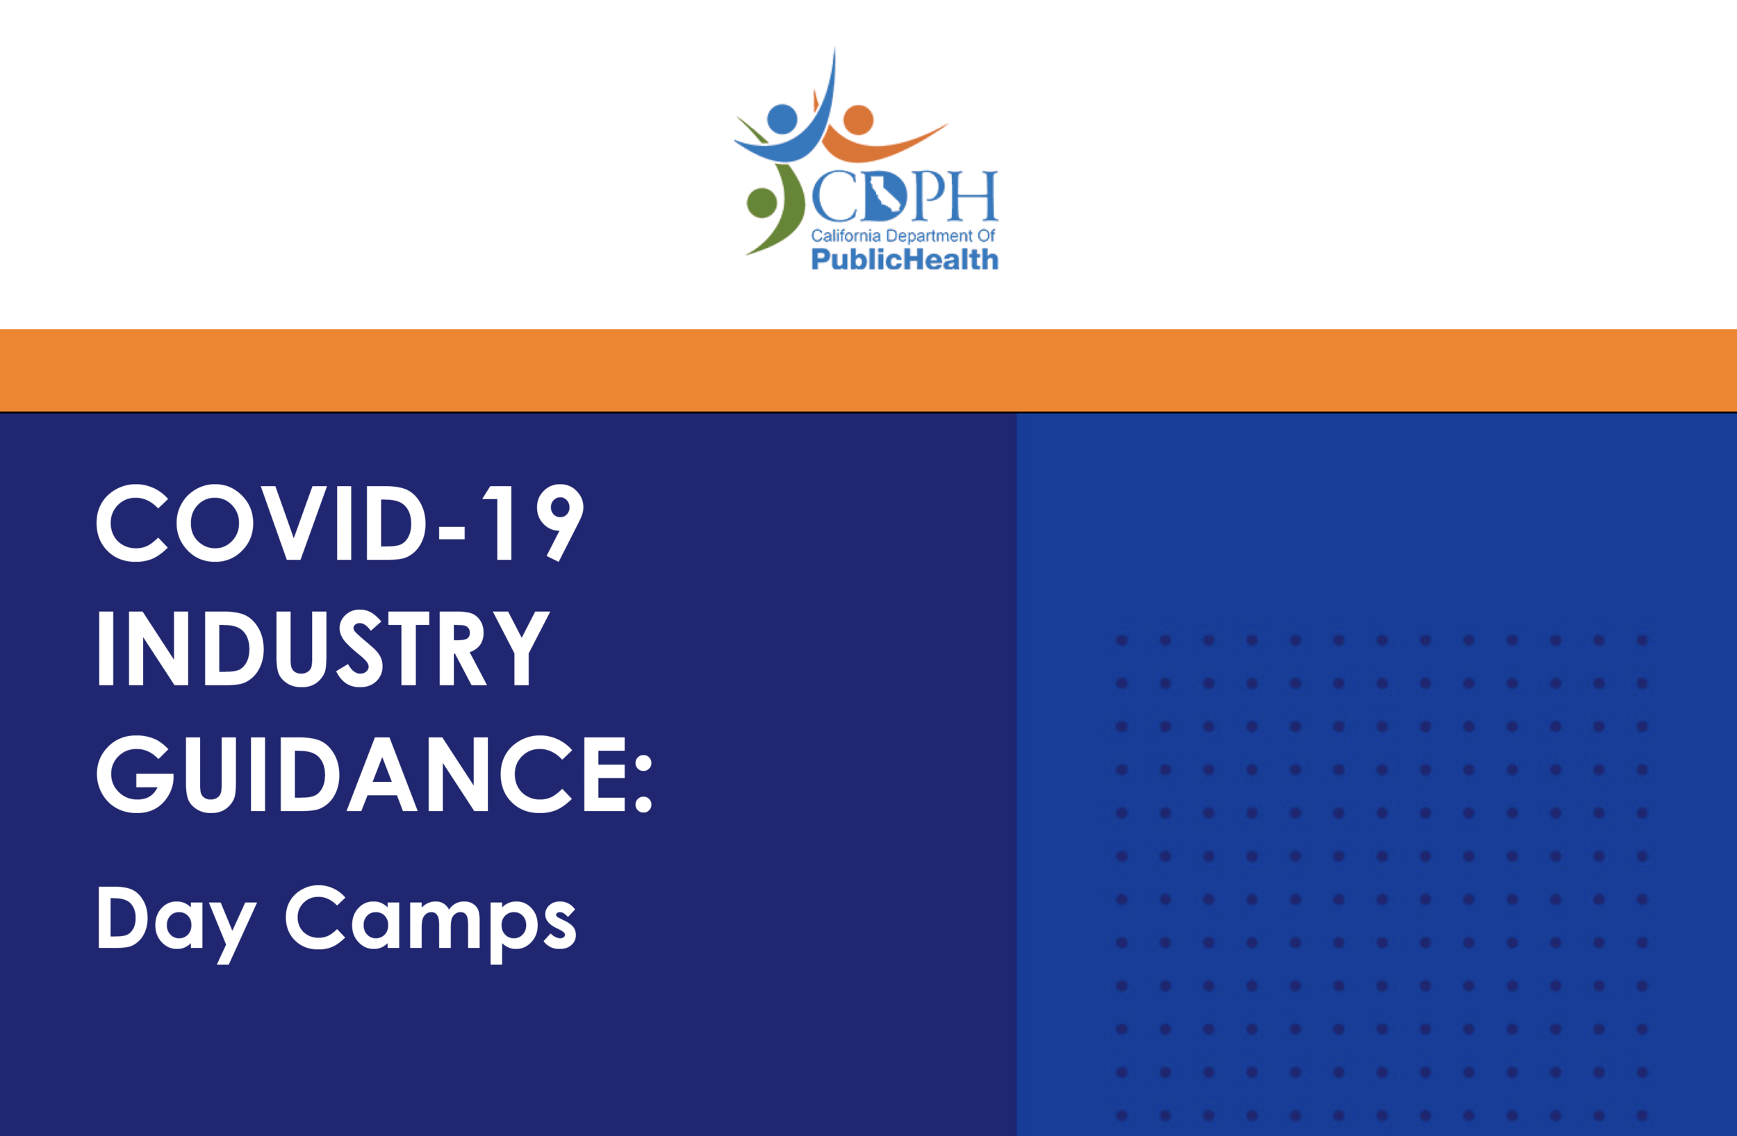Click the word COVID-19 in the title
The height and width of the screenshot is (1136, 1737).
pos(339,522)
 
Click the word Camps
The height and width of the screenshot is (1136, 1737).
pos(431,921)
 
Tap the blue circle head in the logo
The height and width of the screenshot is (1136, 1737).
pos(782,119)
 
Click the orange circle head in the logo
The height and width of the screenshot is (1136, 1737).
pos(858,119)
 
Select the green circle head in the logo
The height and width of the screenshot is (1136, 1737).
pos(762,203)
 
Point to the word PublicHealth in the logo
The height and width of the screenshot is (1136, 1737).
pos(904,259)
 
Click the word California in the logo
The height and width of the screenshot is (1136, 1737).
pos(845,235)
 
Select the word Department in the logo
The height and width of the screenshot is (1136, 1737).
pos(929,235)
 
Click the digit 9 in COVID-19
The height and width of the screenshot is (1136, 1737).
pos(559,522)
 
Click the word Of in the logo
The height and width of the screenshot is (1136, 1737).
pos(986,235)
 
